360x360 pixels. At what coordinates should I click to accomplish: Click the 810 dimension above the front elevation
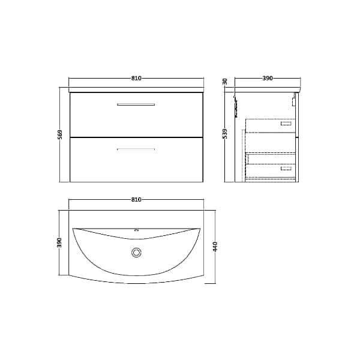[136, 79]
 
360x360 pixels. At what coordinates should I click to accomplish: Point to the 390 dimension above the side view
[268, 79]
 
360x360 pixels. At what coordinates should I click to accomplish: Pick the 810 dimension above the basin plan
[136, 200]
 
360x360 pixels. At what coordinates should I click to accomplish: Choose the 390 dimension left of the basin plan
[59, 242]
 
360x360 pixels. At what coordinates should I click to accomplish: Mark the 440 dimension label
[215, 246]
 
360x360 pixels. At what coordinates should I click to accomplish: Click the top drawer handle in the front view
[136, 104]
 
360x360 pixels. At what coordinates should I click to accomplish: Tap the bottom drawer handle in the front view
[136, 149]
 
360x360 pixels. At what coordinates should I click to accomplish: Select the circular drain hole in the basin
[136, 253]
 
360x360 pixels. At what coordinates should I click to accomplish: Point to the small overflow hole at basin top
[136, 230]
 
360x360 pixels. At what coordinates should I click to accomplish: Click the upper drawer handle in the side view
[286, 124]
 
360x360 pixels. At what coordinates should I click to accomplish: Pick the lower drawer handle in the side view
[286, 169]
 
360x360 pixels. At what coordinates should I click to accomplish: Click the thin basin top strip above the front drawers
[136, 90]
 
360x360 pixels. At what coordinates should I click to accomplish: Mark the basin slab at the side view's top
[268, 90]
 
